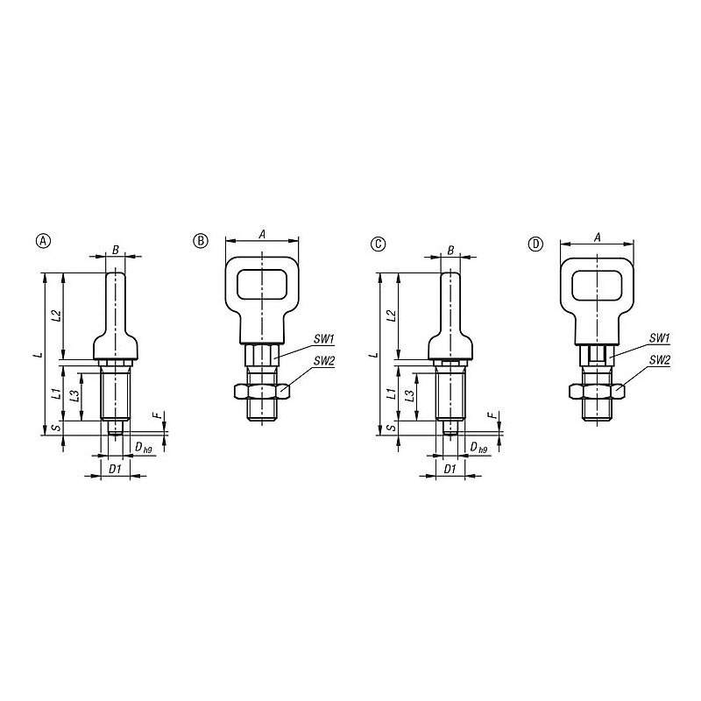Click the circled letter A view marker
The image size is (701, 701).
43,240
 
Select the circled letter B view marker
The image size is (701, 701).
201,240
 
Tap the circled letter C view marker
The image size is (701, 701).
379,244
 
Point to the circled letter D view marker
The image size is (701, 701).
535,244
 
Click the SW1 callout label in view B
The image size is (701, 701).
323,339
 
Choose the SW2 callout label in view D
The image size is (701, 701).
660,359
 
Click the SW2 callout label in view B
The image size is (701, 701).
323,360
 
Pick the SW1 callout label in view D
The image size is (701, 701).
660,338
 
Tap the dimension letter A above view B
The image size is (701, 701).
262,234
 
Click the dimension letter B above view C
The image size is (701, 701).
450,251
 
